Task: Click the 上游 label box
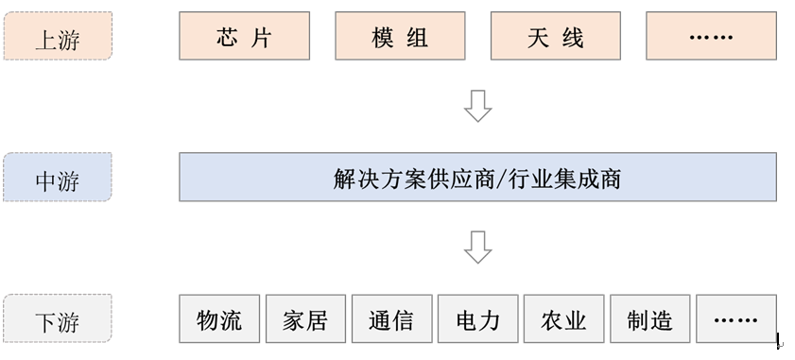pos(58,37)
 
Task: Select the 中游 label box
pos(58,178)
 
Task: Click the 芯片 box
pos(244,37)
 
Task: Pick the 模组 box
pos(400,37)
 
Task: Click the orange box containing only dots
pos(711,37)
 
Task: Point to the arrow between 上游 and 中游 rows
pos(478,106)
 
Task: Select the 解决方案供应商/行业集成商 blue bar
pos(477,178)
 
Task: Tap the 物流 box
pos(219,319)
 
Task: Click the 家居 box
pos(305,319)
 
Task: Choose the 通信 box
pos(391,319)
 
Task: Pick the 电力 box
pos(477,319)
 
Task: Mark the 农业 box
pos(563,319)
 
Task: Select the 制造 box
pos(649,319)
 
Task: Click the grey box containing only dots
pos(735,319)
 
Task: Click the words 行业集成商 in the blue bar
pos(562,178)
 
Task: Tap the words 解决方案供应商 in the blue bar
pos(414,178)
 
